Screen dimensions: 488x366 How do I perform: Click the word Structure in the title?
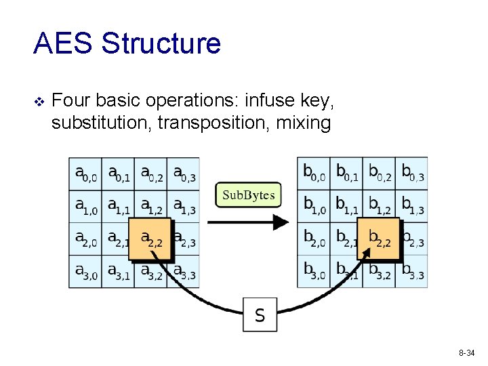point(161,43)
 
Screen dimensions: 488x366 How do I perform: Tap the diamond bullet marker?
point(39,102)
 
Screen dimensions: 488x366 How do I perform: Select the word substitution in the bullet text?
point(95,123)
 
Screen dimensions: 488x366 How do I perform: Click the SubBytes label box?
point(249,196)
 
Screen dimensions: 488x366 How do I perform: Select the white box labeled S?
point(260,314)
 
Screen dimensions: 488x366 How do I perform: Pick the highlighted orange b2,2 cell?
point(378,239)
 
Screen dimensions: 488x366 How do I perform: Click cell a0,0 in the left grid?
point(85,174)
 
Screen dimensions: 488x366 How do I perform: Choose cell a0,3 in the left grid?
point(184,174)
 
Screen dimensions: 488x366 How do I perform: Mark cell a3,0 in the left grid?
point(85,272)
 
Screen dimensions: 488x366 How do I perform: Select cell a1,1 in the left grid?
point(118,207)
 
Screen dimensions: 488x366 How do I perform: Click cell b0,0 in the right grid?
point(314,174)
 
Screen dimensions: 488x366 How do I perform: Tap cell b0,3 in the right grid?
point(412,174)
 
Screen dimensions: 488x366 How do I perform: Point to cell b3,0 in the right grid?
point(314,272)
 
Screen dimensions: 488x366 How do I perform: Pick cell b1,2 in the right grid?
point(379,207)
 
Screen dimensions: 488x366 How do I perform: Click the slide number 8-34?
point(466,353)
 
